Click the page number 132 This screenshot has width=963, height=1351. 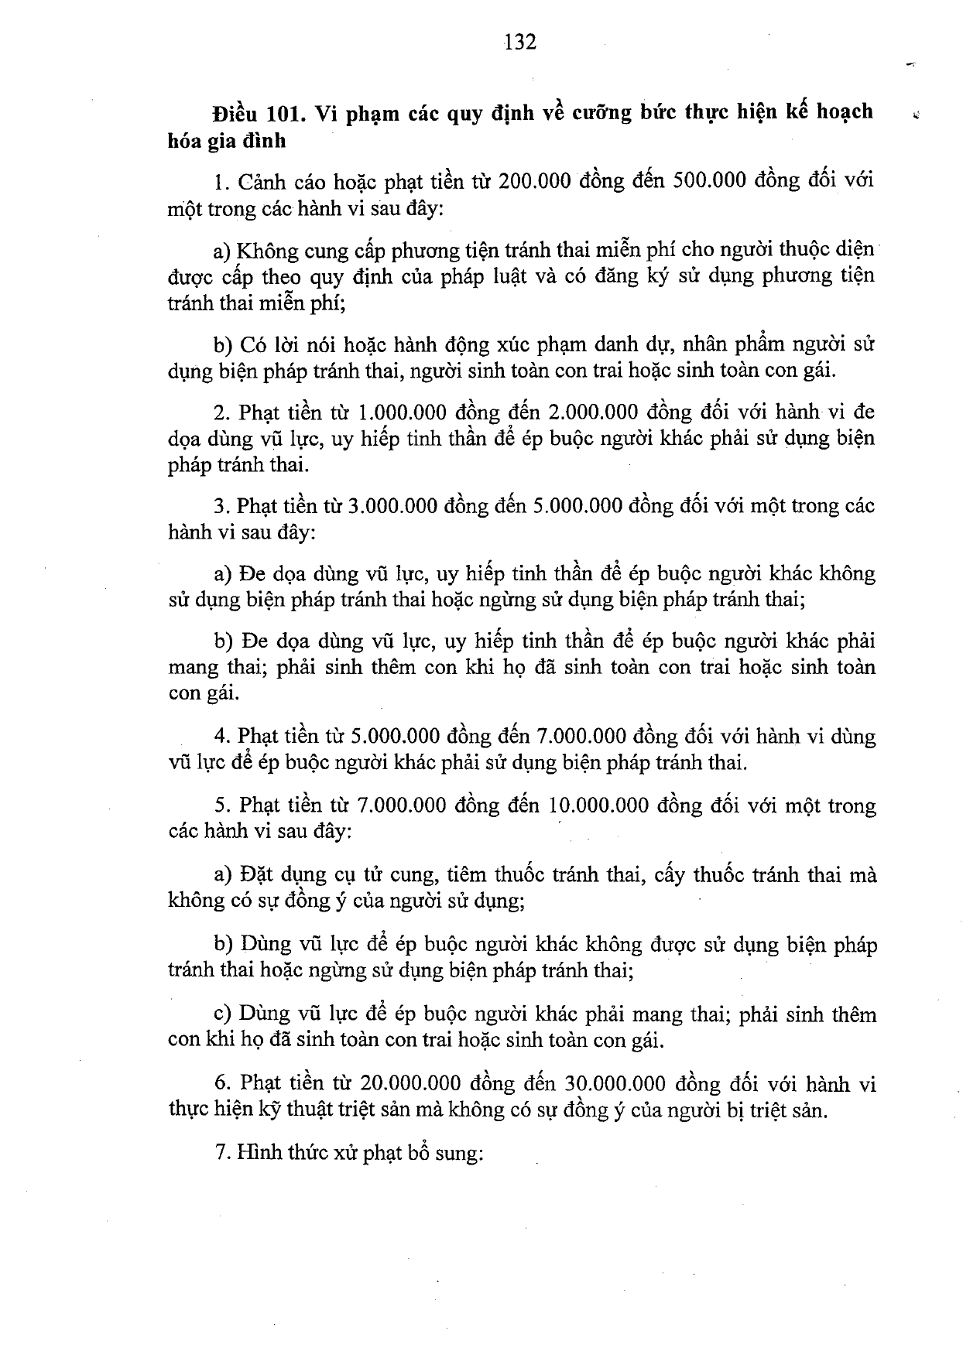tap(520, 42)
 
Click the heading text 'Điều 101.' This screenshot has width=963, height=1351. tap(255, 113)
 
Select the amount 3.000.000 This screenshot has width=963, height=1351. tap(391, 506)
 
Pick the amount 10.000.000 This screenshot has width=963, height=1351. tap(598, 806)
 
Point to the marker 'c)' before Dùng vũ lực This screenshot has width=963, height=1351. tap(224, 1014)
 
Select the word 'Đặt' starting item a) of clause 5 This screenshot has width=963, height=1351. tap(255, 875)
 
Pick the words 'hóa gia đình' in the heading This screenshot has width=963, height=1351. tap(227, 140)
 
